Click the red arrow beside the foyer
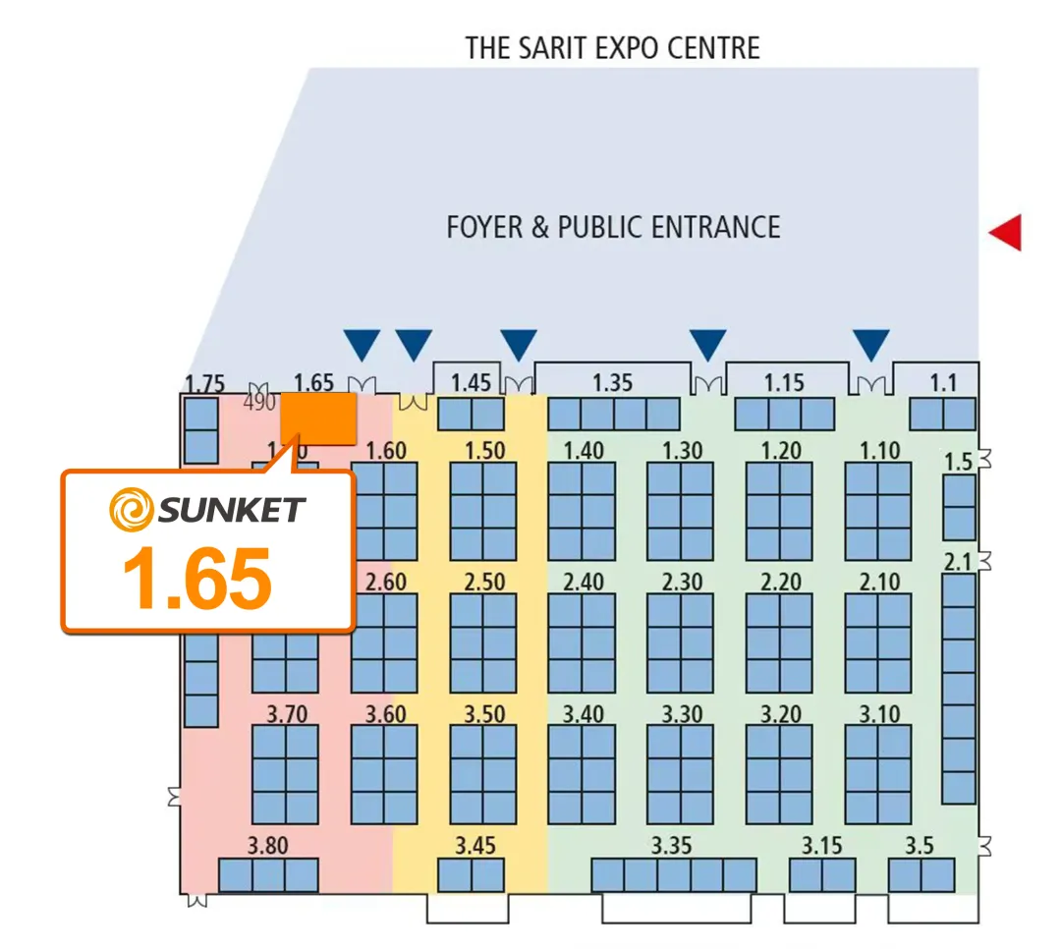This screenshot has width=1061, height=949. [1006, 233]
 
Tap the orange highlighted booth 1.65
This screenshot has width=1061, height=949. [318, 419]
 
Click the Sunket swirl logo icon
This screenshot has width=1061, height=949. [132, 510]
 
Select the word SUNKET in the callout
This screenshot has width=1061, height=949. [232, 510]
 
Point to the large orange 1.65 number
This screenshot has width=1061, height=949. [196, 577]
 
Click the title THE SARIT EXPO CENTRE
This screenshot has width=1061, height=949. [613, 47]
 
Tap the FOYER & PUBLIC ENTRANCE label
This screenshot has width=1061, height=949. [613, 228]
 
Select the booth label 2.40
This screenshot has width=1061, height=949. [583, 582]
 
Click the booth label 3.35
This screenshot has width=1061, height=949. [672, 845]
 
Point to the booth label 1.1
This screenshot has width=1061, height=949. [942, 382]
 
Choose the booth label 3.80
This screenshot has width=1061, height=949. [267, 845]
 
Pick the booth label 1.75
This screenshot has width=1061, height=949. [205, 383]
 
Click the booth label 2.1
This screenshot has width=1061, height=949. [956, 562]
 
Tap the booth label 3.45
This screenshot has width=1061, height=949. [475, 845]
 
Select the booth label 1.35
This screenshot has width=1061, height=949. [613, 382]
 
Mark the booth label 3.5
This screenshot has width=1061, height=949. [920, 845]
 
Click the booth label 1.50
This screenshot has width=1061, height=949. [484, 451]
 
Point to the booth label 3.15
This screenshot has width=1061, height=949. [821, 845]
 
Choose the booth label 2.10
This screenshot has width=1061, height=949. [879, 582]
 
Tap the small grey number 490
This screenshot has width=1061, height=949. [259, 402]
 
